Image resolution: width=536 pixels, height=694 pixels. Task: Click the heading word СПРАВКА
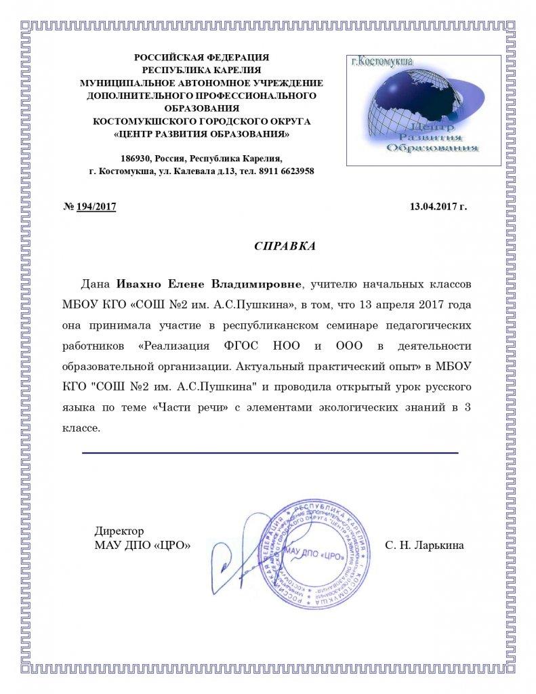pos(285,245)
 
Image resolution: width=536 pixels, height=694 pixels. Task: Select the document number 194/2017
pos(97,206)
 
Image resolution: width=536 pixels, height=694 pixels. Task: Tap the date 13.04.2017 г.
pos(438,206)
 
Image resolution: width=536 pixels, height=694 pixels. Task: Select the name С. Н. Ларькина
pos(424,545)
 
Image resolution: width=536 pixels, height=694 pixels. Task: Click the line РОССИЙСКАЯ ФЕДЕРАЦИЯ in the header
pos(201,58)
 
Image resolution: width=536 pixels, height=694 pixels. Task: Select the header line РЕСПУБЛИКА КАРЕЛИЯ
pos(201,70)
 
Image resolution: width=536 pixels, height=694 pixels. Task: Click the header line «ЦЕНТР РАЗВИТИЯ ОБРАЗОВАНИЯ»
pos(201,134)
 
